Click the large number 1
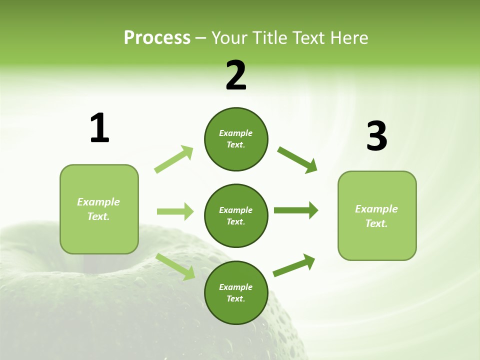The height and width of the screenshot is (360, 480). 99,128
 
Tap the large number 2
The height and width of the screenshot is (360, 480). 236,75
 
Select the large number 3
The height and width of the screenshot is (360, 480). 376,136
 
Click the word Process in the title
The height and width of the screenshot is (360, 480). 157,37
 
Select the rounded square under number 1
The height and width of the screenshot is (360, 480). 99,209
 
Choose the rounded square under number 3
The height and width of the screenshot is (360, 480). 377,215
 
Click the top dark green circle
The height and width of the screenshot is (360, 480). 236,139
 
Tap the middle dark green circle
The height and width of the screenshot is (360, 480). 236,215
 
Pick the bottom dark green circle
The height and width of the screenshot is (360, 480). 236,292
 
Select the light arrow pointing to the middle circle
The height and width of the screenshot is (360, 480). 175,211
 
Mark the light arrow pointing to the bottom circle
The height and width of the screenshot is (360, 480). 175,266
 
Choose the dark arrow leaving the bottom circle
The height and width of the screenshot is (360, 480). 294,265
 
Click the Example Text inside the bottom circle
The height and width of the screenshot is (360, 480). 236,293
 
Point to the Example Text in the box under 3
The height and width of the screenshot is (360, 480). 376,216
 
